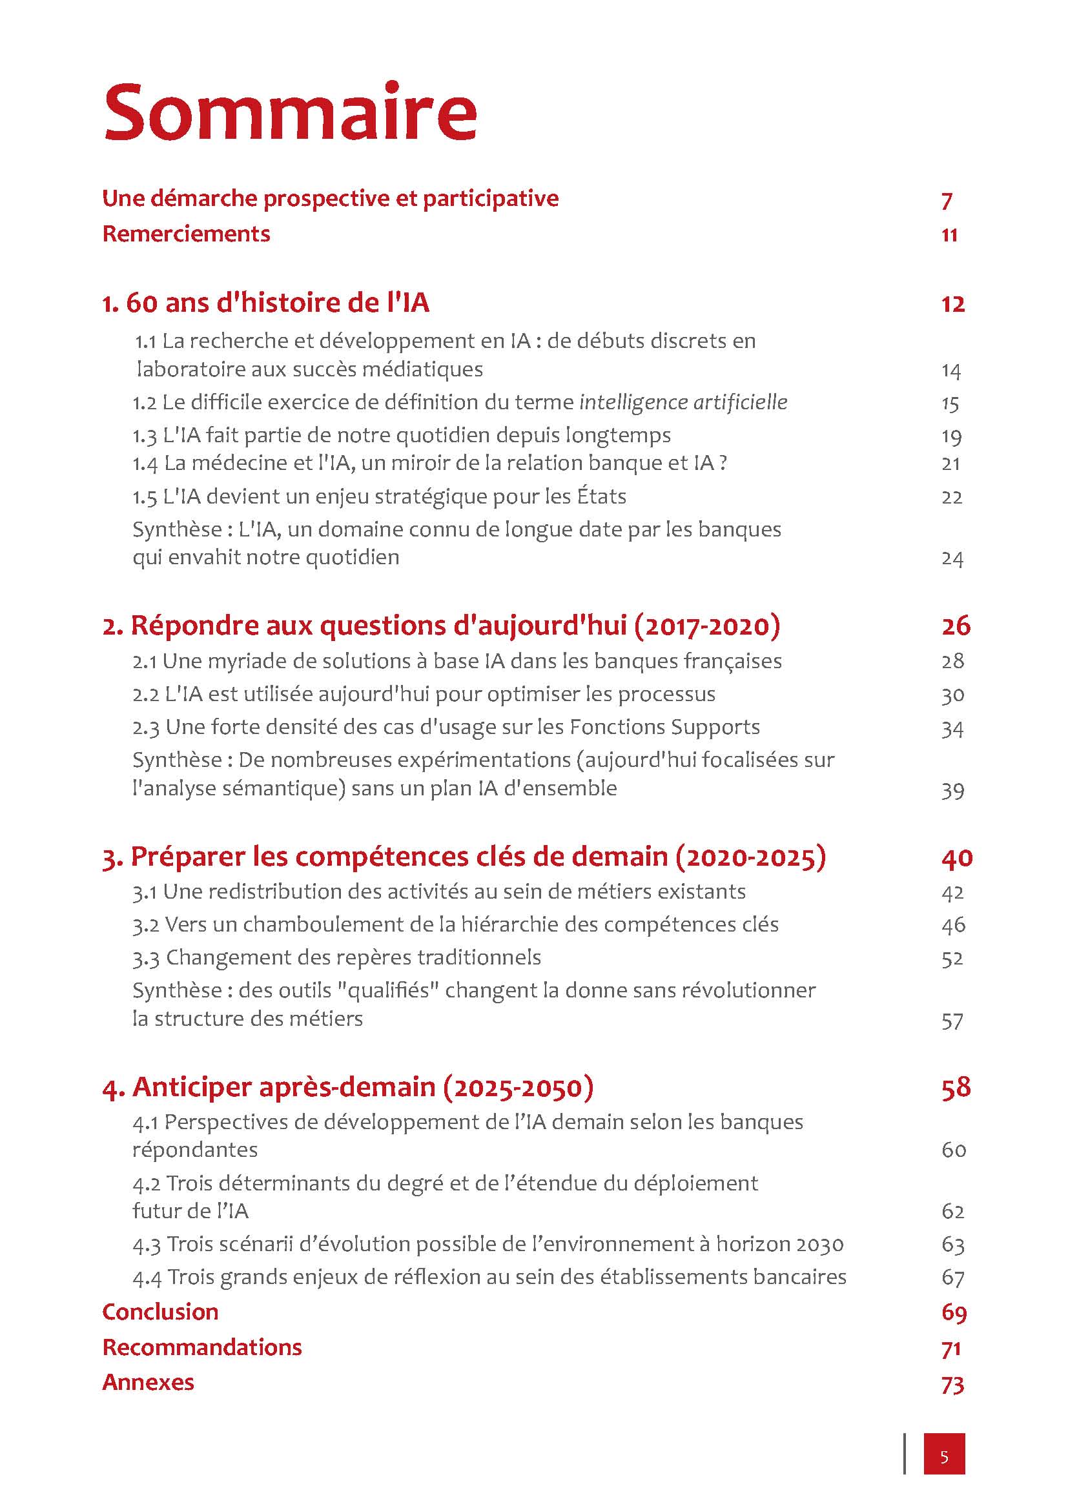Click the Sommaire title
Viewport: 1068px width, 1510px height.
[290, 113]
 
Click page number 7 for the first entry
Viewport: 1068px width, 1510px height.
[947, 200]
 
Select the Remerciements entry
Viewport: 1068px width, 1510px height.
[186, 234]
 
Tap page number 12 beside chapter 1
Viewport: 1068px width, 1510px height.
[952, 304]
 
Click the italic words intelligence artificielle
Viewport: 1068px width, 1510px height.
[683, 402]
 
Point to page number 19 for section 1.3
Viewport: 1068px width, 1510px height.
[952, 436]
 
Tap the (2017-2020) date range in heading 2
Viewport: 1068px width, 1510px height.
[707, 625]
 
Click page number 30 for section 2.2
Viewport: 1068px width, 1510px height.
[952, 695]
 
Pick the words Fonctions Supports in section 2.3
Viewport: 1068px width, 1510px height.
[664, 727]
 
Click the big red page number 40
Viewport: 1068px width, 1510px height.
[956, 857]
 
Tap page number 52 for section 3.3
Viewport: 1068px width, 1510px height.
[952, 958]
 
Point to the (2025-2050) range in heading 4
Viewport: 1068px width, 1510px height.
[519, 1087]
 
